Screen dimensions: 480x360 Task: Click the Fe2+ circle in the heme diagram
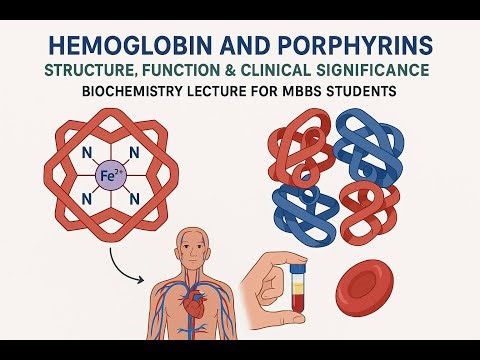[x=110, y=178]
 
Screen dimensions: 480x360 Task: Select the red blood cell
[x=371, y=291]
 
